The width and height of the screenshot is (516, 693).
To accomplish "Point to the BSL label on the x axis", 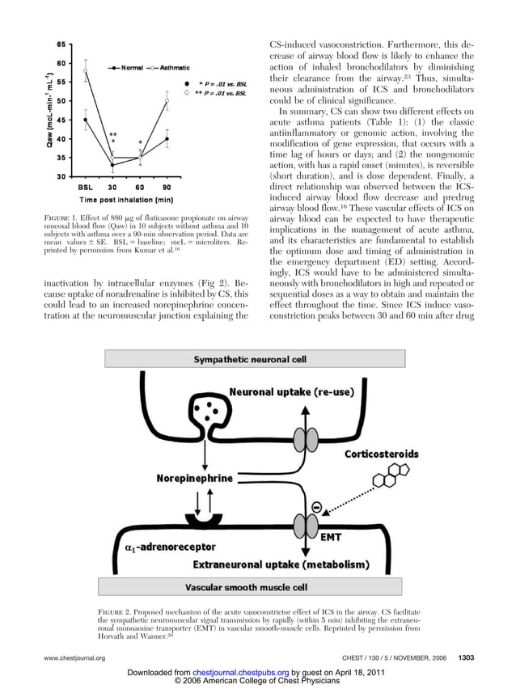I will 85,186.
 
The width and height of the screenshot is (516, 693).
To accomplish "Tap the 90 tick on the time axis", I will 166,186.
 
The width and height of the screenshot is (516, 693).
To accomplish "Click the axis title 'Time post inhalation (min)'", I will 125,199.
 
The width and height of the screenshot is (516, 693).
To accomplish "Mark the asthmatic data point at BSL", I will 86,70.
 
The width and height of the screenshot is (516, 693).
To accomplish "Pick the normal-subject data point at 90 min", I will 167,138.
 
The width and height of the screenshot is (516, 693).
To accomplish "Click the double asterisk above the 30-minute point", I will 113,135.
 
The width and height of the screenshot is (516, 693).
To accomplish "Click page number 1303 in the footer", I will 467,658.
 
